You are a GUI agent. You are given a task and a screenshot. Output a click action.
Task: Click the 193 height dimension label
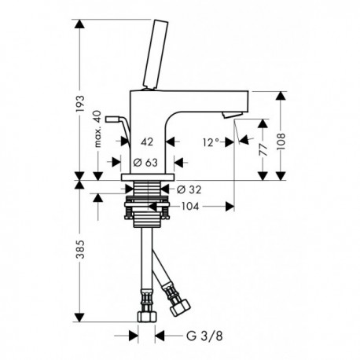point(80,104)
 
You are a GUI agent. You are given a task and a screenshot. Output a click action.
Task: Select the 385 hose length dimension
point(80,249)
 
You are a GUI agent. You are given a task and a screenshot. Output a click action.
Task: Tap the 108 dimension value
point(281,141)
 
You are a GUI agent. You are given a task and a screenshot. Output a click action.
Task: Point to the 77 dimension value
point(263,150)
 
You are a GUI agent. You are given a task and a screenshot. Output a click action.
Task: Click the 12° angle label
point(211,142)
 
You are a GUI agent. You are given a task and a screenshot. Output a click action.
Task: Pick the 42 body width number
point(147,142)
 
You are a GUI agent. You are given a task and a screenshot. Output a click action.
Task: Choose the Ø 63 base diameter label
point(145,163)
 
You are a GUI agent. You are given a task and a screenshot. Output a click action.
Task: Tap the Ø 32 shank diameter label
point(189,189)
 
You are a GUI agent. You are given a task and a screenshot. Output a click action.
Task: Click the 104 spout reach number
point(190,207)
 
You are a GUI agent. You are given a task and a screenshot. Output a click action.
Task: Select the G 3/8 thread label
point(204,336)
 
